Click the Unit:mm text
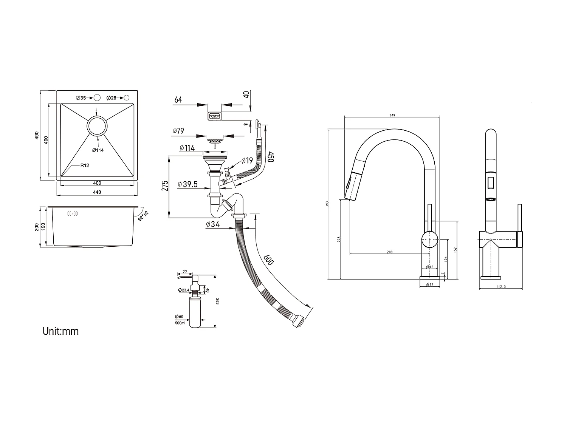tap(60, 331)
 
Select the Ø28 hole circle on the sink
tap(127, 98)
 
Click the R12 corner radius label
tap(84, 165)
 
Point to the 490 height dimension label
tap(37, 135)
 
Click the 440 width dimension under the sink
tap(97, 192)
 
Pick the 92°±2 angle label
tap(143, 216)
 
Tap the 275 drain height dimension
tap(165, 185)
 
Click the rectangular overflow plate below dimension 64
tap(214, 116)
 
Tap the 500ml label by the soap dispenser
tap(180, 323)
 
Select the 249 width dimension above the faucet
tap(392, 115)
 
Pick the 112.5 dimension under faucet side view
tap(501, 287)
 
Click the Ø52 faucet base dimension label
tap(429, 284)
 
